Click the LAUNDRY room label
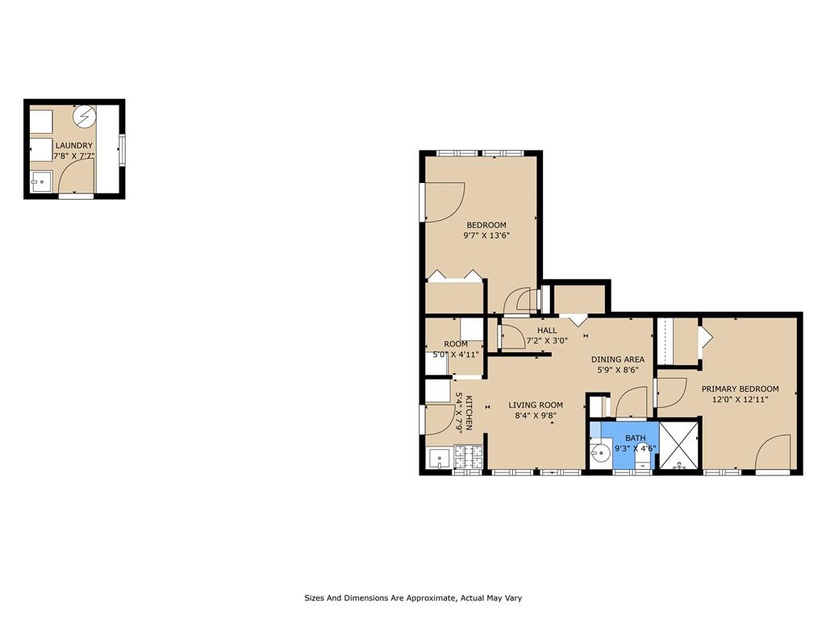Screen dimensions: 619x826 point(73,146)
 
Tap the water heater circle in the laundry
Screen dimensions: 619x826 point(84,118)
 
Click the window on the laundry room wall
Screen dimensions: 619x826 point(123,148)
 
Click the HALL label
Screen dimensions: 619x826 point(547,330)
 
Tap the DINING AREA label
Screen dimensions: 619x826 point(617,359)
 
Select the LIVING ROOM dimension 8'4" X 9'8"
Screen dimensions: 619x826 point(535,416)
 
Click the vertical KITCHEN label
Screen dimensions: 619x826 point(463,413)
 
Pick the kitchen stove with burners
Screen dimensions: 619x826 point(469,457)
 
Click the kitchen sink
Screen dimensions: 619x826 point(439,459)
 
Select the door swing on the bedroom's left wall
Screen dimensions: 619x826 point(444,202)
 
